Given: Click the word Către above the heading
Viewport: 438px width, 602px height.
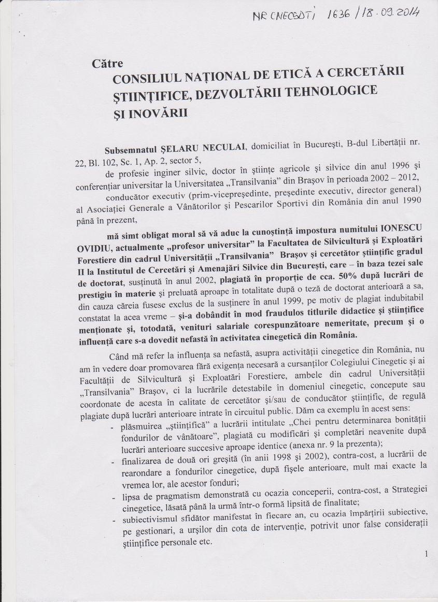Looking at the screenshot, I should pyautogui.click(x=106, y=64).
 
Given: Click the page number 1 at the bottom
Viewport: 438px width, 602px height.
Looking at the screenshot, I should pyautogui.click(x=426, y=554).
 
